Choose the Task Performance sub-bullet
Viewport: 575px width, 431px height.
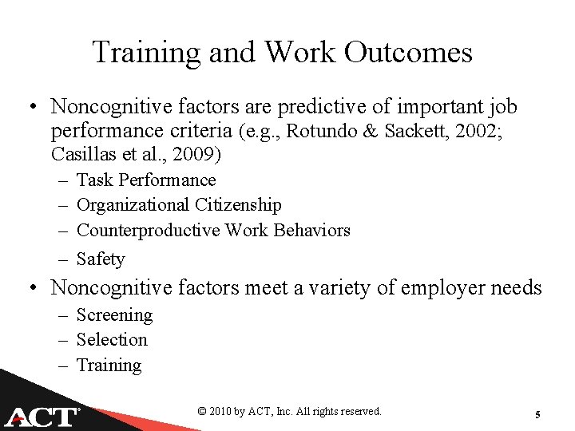point(145,180)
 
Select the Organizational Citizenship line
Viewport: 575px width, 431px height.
point(178,205)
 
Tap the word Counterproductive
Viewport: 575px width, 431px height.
point(148,231)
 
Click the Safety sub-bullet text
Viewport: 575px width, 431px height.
point(101,259)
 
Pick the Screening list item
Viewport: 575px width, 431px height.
point(114,315)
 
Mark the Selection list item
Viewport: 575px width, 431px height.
point(112,340)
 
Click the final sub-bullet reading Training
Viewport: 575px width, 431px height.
point(109,366)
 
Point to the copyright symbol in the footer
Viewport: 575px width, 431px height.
point(202,412)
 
